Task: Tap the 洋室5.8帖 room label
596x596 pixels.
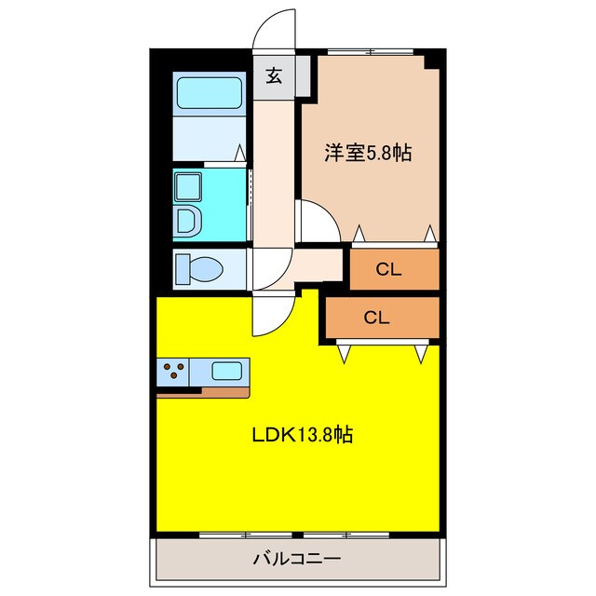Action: tap(367, 153)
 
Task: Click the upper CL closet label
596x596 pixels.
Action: tap(388, 270)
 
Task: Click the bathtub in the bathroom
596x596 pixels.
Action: tap(209, 94)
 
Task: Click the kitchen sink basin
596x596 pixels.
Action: tap(228, 371)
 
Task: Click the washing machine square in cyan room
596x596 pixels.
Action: tap(191, 184)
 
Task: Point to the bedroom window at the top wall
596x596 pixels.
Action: tap(370, 51)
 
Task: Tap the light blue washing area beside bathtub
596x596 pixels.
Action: tap(209, 136)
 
